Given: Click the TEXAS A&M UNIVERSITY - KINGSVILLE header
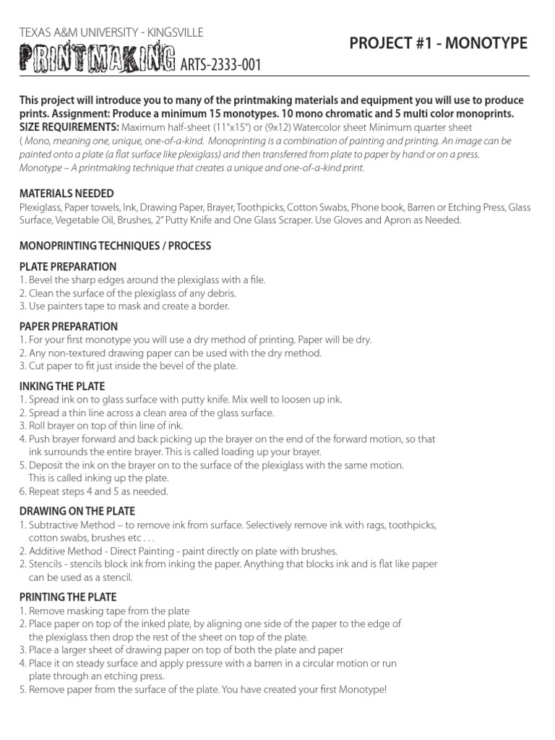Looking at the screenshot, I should click(111, 33).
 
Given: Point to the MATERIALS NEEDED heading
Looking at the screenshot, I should click(66, 194).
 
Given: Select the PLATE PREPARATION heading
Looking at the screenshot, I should click(68, 267).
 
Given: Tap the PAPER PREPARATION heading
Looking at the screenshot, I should click(69, 327).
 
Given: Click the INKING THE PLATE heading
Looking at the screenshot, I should click(62, 387).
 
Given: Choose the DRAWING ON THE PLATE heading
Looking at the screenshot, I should click(77, 512).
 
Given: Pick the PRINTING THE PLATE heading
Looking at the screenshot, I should click(68, 597).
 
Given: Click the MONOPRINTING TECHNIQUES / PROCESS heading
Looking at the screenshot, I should click(115, 246).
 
